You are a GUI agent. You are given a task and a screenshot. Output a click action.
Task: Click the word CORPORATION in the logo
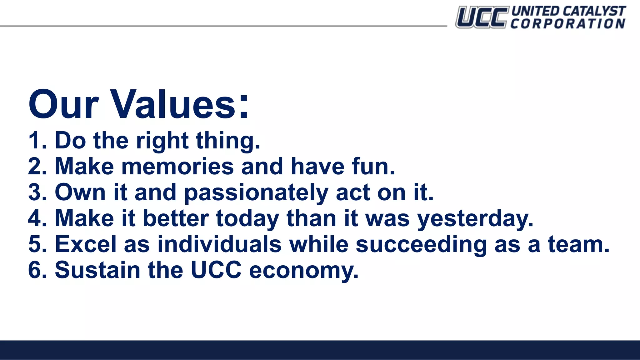point(568,24)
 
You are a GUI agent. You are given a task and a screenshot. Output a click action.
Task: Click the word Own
point(80,192)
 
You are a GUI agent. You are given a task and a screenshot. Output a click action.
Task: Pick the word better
point(176,218)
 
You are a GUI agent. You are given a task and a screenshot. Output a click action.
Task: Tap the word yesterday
point(475,219)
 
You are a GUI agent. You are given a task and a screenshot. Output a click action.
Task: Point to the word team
point(578,244)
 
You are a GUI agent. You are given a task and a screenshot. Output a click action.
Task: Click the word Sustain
point(97,270)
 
